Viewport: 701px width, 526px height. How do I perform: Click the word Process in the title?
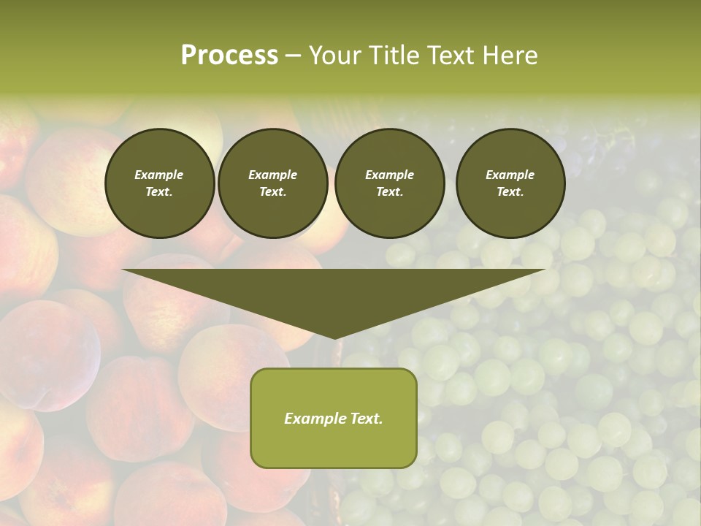point(229,56)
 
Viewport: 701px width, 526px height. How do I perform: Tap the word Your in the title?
point(334,56)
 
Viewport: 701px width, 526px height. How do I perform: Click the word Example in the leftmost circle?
point(159,175)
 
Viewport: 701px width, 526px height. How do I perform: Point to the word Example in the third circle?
point(389,175)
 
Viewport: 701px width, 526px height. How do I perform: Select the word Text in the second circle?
point(272,191)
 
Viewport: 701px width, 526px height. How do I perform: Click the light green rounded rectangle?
point(334,446)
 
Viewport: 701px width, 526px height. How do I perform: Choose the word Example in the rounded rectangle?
point(313,419)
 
